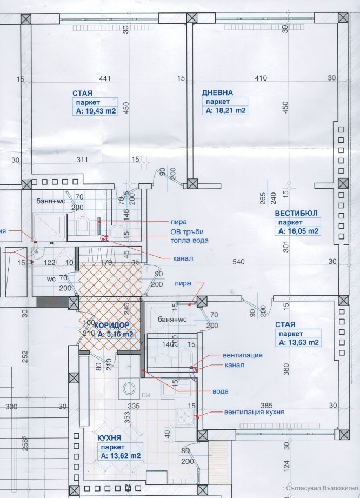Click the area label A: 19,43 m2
click(x=95, y=111)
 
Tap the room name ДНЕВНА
click(x=217, y=92)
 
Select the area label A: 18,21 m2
click(x=225, y=110)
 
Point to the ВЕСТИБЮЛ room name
click(x=295, y=212)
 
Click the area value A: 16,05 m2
click(x=298, y=230)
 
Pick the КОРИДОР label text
click(x=112, y=325)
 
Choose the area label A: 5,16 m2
click(x=115, y=334)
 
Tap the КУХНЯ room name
click(x=112, y=438)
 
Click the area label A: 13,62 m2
click(x=121, y=456)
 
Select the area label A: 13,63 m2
click(x=298, y=342)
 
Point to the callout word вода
click(x=220, y=391)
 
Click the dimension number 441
click(x=105, y=79)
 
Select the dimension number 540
click(x=238, y=262)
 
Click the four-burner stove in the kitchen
click(x=184, y=416)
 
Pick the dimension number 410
click(x=261, y=79)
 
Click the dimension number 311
click(x=82, y=160)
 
